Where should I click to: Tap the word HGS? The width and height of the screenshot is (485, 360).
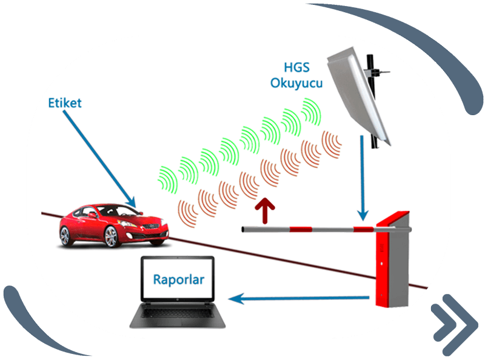pos(297,66)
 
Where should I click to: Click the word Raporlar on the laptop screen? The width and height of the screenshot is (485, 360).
pos(178,280)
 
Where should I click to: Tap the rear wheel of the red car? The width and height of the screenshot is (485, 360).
pos(66,236)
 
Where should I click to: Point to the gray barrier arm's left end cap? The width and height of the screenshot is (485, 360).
pos(244,230)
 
